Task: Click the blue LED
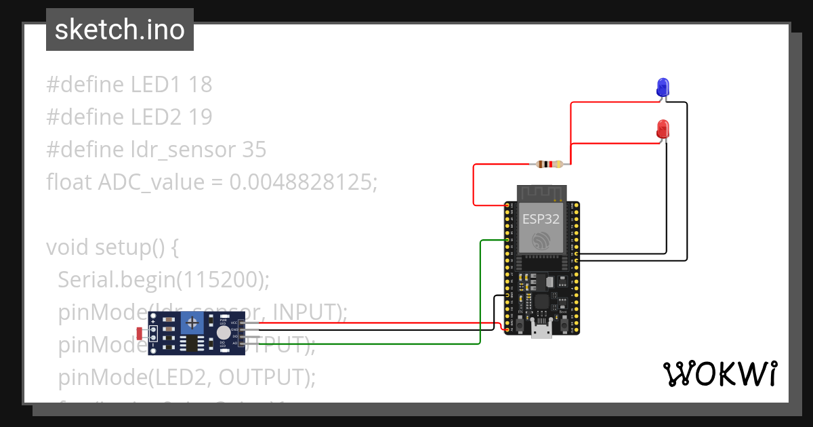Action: point(663,87)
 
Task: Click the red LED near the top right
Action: point(663,128)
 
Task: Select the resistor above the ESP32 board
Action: point(549,164)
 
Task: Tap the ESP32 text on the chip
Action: point(541,219)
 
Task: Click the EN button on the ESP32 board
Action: point(519,325)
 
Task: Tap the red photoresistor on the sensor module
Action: point(140,333)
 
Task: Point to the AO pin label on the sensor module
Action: point(234,343)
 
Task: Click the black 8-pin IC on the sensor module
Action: point(192,344)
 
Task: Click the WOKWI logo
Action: point(720,373)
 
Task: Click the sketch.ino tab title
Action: point(119,30)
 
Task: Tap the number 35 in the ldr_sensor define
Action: point(254,149)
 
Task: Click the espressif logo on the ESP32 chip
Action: point(541,241)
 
